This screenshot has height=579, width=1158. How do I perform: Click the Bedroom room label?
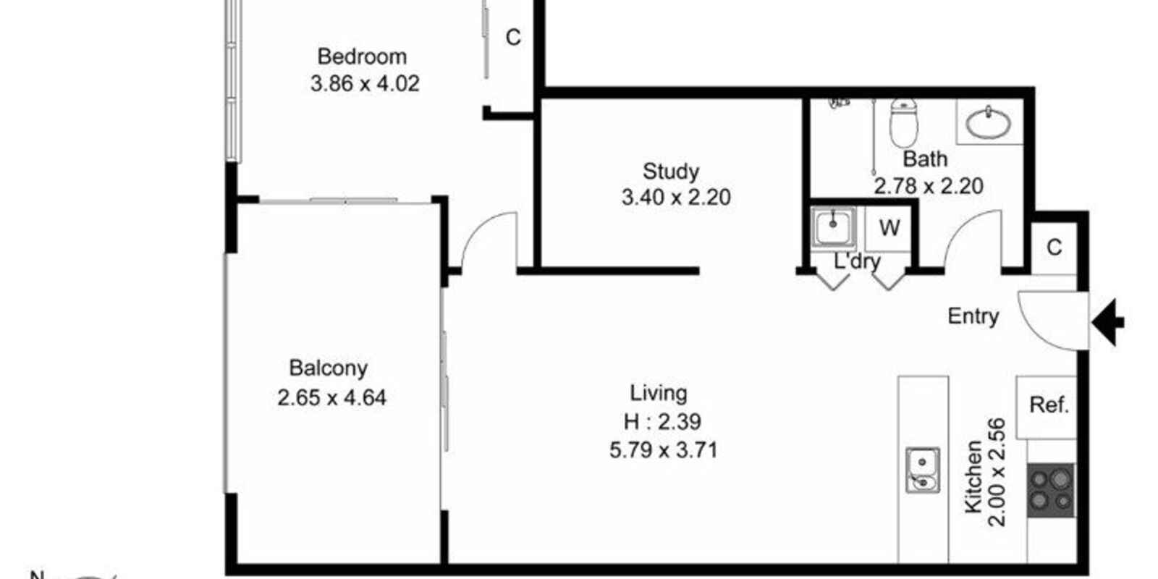pyautogui.click(x=362, y=56)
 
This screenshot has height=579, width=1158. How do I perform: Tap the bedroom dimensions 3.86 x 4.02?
pyautogui.click(x=365, y=83)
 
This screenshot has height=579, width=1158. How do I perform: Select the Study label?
pyautogui.click(x=670, y=172)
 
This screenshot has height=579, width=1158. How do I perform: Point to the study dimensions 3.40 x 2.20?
pyautogui.click(x=676, y=198)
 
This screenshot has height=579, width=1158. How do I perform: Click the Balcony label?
pyautogui.click(x=329, y=368)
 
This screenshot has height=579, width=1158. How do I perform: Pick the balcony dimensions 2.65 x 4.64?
pyautogui.click(x=331, y=397)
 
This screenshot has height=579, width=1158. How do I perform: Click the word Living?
pyautogui.click(x=658, y=394)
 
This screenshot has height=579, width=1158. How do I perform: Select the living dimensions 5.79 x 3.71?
pyautogui.click(x=663, y=450)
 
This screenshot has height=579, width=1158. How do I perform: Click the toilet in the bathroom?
pyautogui.click(x=903, y=122)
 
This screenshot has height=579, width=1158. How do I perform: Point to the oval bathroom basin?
pyautogui.click(x=989, y=123)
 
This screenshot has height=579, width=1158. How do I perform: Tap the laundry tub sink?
pyautogui.click(x=833, y=227)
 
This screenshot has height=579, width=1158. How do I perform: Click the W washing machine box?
pyautogui.click(x=889, y=228)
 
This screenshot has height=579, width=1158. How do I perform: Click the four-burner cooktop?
pyautogui.click(x=1050, y=491)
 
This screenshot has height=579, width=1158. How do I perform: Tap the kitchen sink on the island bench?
pyautogui.click(x=922, y=470)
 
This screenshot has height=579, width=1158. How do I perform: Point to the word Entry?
pyautogui.click(x=973, y=316)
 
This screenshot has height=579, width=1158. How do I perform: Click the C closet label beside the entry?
pyautogui.click(x=1054, y=248)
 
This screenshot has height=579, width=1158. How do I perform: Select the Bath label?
pyautogui.click(x=925, y=159)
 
